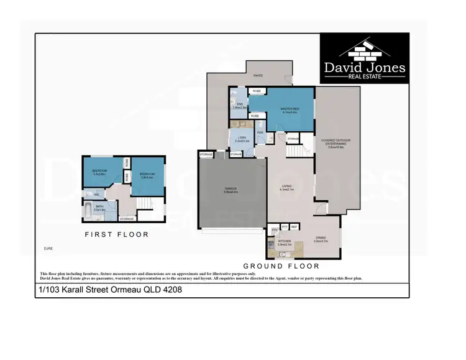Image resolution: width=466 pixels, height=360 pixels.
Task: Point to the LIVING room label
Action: [287, 187]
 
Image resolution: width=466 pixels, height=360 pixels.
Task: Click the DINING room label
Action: [320, 238]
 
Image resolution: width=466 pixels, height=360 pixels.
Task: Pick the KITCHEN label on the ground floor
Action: [285, 241]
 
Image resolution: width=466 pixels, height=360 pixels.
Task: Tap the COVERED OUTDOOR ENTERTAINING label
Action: [336, 142]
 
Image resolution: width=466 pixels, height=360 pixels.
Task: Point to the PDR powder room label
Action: [260, 132]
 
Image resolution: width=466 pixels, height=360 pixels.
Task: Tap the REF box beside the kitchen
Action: [295, 227]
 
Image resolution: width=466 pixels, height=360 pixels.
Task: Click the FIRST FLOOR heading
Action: [117, 234]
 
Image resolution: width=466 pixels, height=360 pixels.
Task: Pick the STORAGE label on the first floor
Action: [126, 219]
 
